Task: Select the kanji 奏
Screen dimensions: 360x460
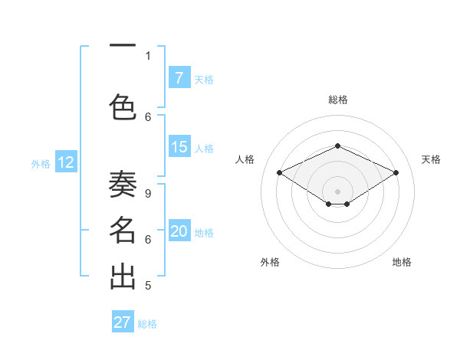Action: tap(123, 186)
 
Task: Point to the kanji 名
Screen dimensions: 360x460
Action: tap(123, 230)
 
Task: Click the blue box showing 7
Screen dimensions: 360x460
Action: tap(179, 78)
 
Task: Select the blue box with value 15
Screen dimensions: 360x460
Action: tap(179, 147)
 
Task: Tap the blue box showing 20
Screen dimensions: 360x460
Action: tap(179, 231)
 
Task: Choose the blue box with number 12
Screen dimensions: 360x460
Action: tap(66, 162)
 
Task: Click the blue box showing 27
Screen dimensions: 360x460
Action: tap(123, 322)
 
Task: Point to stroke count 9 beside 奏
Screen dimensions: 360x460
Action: tap(148, 194)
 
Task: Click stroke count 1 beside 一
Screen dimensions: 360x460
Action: tap(148, 56)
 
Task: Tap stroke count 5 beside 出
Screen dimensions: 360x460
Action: tap(148, 286)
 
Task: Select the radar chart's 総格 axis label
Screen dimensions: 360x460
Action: tap(337, 100)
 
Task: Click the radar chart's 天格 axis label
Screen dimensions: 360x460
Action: tap(431, 159)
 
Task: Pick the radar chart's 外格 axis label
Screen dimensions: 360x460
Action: tap(270, 262)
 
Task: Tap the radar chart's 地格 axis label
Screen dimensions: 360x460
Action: tap(402, 262)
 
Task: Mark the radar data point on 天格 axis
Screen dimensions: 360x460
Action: tap(396, 173)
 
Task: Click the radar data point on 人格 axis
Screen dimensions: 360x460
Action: tap(280, 173)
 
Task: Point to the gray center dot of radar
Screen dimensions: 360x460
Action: tap(337, 191)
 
